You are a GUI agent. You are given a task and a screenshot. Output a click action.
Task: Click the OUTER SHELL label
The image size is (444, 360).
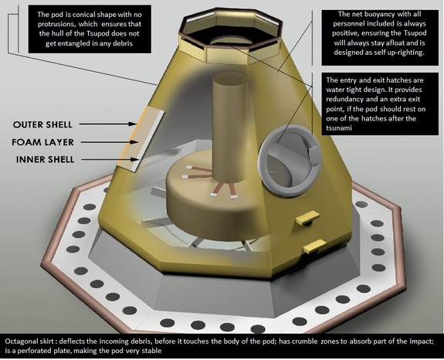[42, 124]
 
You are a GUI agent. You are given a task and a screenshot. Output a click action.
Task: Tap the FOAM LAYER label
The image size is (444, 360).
[42, 142]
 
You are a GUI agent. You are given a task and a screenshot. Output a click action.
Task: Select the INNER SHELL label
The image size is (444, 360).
[45, 159]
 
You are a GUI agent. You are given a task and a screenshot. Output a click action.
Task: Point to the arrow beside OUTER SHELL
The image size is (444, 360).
[108, 124]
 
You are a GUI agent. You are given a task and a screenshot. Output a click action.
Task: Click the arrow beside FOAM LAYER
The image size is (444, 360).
[110, 142]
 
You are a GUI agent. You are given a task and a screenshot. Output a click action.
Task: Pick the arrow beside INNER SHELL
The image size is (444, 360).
[110, 159]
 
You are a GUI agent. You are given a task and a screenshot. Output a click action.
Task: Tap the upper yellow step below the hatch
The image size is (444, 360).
[308, 218]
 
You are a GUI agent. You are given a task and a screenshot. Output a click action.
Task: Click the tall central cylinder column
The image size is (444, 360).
[231, 127]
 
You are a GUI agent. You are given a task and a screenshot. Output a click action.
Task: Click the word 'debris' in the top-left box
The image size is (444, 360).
[122, 43]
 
